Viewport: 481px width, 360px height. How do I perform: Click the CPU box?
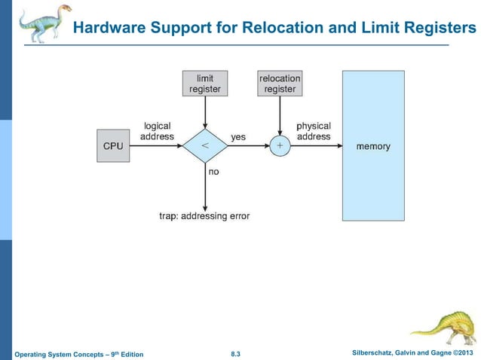(x=112, y=146)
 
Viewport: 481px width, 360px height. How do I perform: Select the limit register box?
(x=204, y=83)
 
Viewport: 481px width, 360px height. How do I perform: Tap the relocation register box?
(x=280, y=83)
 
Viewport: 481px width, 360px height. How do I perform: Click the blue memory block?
(x=373, y=145)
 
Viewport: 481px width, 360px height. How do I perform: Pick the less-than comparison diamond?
(x=204, y=146)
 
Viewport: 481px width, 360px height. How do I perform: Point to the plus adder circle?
(x=280, y=146)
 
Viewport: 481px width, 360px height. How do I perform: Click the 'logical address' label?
(x=157, y=131)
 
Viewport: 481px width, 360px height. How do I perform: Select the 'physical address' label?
(x=314, y=131)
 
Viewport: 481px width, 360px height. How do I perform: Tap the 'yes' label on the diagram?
(x=238, y=137)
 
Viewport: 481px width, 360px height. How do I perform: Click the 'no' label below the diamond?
(x=213, y=172)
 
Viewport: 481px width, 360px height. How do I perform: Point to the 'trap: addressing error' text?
(x=204, y=216)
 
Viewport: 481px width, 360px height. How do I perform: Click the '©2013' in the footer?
(x=463, y=352)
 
